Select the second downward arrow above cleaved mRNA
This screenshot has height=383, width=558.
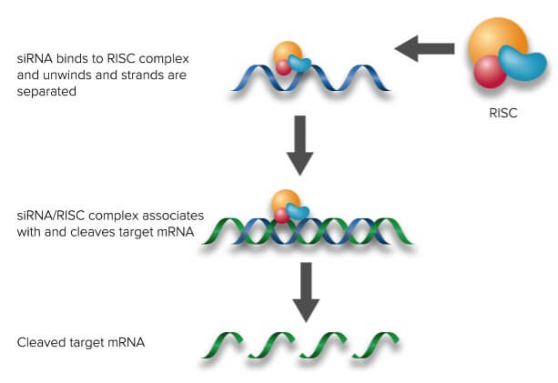[x=306, y=289]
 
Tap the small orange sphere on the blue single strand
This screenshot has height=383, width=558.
[x=287, y=54]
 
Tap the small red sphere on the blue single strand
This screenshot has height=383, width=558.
[x=283, y=67]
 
